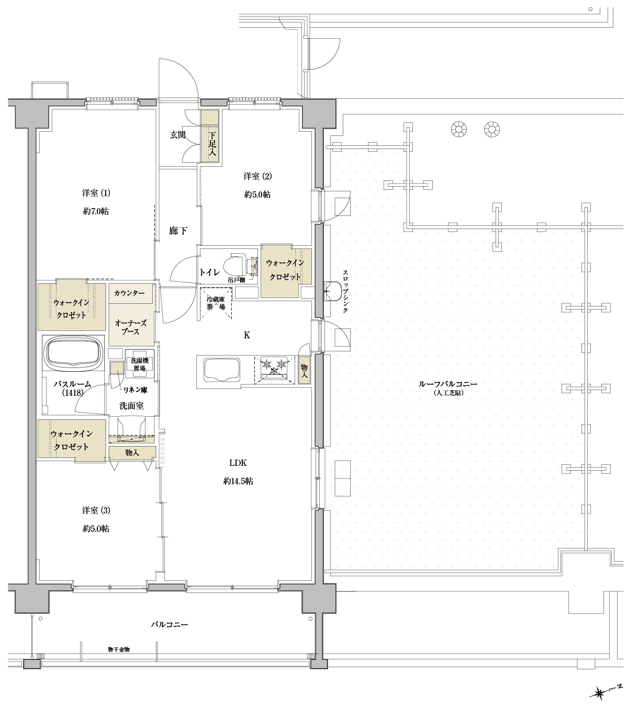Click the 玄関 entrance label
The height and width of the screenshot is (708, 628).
point(178,135)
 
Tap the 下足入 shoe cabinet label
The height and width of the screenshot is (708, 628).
point(212,144)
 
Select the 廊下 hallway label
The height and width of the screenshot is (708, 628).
point(178,231)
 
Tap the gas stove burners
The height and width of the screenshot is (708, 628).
point(275,368)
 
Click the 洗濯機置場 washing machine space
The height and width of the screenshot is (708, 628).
point(140,364)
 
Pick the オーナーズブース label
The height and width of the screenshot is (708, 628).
point(130,327)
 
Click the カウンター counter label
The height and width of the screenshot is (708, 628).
point(129,293)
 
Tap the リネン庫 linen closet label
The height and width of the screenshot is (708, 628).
point(135,390)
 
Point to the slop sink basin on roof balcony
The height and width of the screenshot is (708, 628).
point(333,291)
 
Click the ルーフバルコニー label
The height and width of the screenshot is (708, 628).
point(448,384)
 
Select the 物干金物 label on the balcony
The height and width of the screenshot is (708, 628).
point(119,649)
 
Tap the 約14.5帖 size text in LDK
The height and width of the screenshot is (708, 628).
point(238,481)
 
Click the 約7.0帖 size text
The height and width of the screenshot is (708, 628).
point(96,211)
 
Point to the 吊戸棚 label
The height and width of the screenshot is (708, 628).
point(237,280)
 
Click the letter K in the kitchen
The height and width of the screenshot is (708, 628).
point(247,335)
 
